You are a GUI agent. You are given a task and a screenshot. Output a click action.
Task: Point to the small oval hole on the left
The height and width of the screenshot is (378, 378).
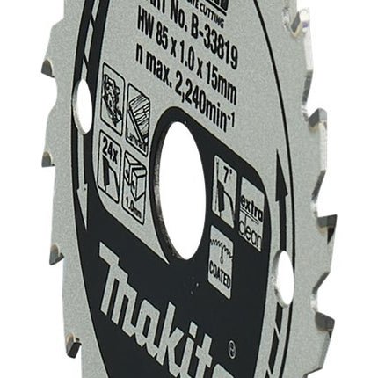[84, 108]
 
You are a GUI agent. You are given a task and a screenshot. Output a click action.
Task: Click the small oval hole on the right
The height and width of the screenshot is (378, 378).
[284, 277]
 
